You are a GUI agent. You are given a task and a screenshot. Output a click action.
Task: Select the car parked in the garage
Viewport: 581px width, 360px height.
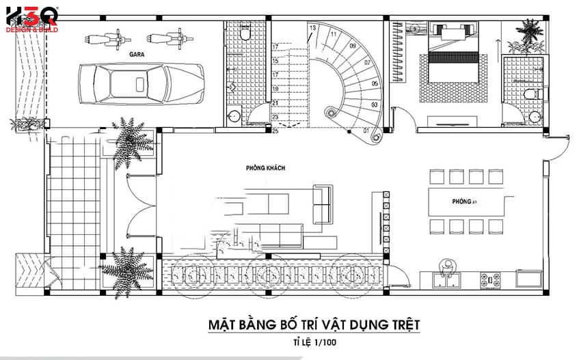(141, 83)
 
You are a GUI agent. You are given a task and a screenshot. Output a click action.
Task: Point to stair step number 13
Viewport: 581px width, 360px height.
(313, 28)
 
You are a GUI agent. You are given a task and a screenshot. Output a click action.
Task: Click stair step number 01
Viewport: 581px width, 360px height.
(366, 130)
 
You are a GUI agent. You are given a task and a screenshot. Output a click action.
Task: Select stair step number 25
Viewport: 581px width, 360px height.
(275, 130)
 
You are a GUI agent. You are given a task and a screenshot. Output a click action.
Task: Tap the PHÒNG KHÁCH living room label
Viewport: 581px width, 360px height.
(266, 168)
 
